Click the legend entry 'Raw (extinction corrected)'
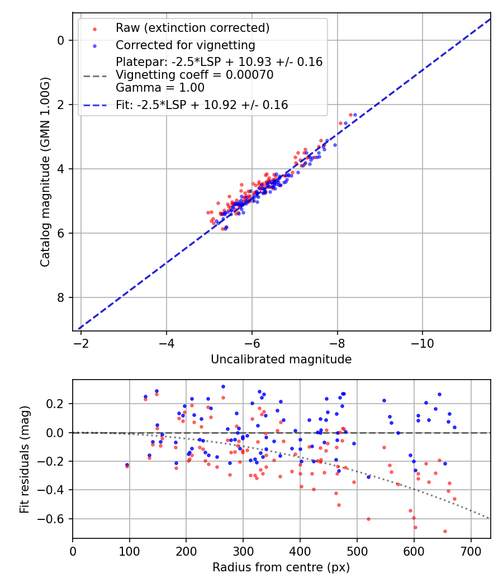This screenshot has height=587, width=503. (192, 28)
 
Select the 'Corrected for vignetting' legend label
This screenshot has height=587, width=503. (185, 45)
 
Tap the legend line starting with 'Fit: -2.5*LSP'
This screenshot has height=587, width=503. (202, 105)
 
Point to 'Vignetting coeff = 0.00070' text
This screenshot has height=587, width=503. (194, 75)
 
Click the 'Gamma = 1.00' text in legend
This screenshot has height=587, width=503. (160, 88)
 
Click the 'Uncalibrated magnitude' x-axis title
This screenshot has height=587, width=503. (281, 359)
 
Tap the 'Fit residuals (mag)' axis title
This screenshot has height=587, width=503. (24, 459)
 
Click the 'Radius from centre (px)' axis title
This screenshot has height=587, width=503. (281, 567)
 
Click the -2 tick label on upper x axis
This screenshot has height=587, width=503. (81, 342)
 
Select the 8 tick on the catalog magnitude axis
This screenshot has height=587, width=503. (61, 297)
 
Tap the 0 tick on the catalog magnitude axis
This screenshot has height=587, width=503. (61, 40)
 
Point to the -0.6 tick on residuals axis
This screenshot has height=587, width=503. (55, 519)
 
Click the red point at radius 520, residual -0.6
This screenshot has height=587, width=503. (368, 519)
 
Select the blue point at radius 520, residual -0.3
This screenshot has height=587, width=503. (368, 477)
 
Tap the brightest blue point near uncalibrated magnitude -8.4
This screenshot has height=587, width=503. (355, 115)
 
